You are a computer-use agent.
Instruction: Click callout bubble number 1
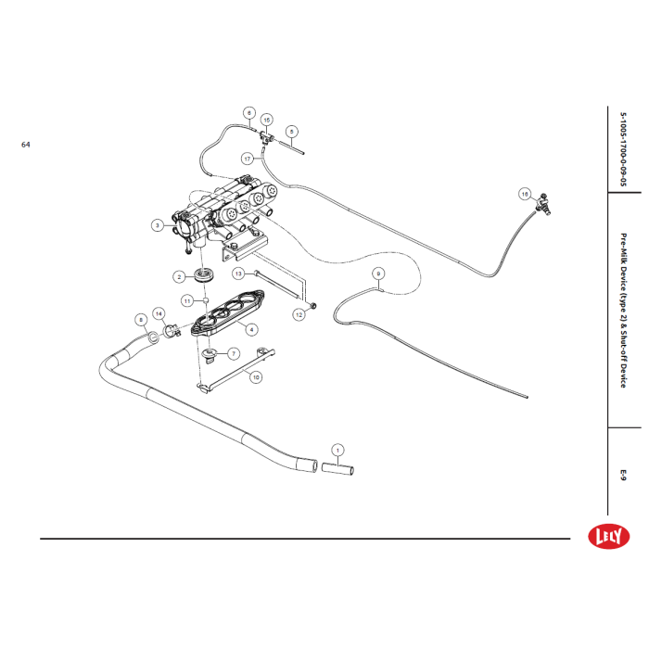[x=337, y=450]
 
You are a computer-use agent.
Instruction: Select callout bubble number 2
[x=179, y=276]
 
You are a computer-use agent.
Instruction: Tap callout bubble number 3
[x=158, y=225]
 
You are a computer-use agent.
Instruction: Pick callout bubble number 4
[x=250, y=329]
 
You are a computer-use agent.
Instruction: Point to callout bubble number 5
[x=290, y=132]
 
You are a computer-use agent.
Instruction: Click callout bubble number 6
[x=249, y=113]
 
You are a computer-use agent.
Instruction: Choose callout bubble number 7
[x=234, y=353]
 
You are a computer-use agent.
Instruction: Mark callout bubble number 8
[x=141, y=320]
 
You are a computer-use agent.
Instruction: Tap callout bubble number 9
[x=377, y=274]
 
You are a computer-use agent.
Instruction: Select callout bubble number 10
[x=256, y=377]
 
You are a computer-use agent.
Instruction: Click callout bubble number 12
[x=299, y=315]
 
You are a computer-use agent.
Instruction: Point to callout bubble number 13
[x=238, y=274]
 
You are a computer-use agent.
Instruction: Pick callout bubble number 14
[x=159, y=313]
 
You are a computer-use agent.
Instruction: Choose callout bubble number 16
[x=524, y=194]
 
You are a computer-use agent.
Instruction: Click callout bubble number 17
[x=248, y=158]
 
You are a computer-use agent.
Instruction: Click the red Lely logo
[x=609, y=536]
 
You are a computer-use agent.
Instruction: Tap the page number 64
[x=26, y=146]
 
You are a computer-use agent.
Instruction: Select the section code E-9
[x=623, y=475]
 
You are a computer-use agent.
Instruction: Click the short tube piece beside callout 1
[x=338, y=471]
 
